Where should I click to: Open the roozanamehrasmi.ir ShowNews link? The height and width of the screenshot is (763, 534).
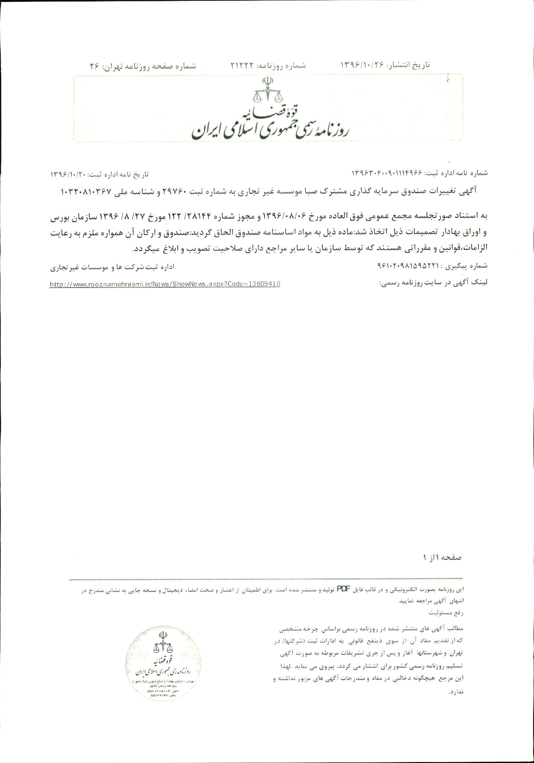[x=165, y=284]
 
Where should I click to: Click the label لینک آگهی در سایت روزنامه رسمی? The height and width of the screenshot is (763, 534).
[x=433, y=283]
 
